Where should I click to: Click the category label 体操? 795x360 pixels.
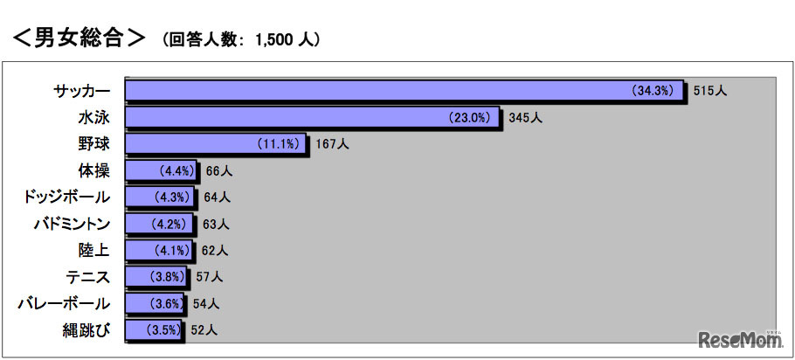93,170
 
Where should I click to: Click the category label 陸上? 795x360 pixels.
93,250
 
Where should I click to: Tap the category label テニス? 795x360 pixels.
87,277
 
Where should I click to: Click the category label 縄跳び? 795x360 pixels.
87,330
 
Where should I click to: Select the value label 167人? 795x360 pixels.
332,143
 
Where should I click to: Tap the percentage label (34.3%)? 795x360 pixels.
654,90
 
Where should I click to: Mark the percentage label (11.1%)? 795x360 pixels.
279,143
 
